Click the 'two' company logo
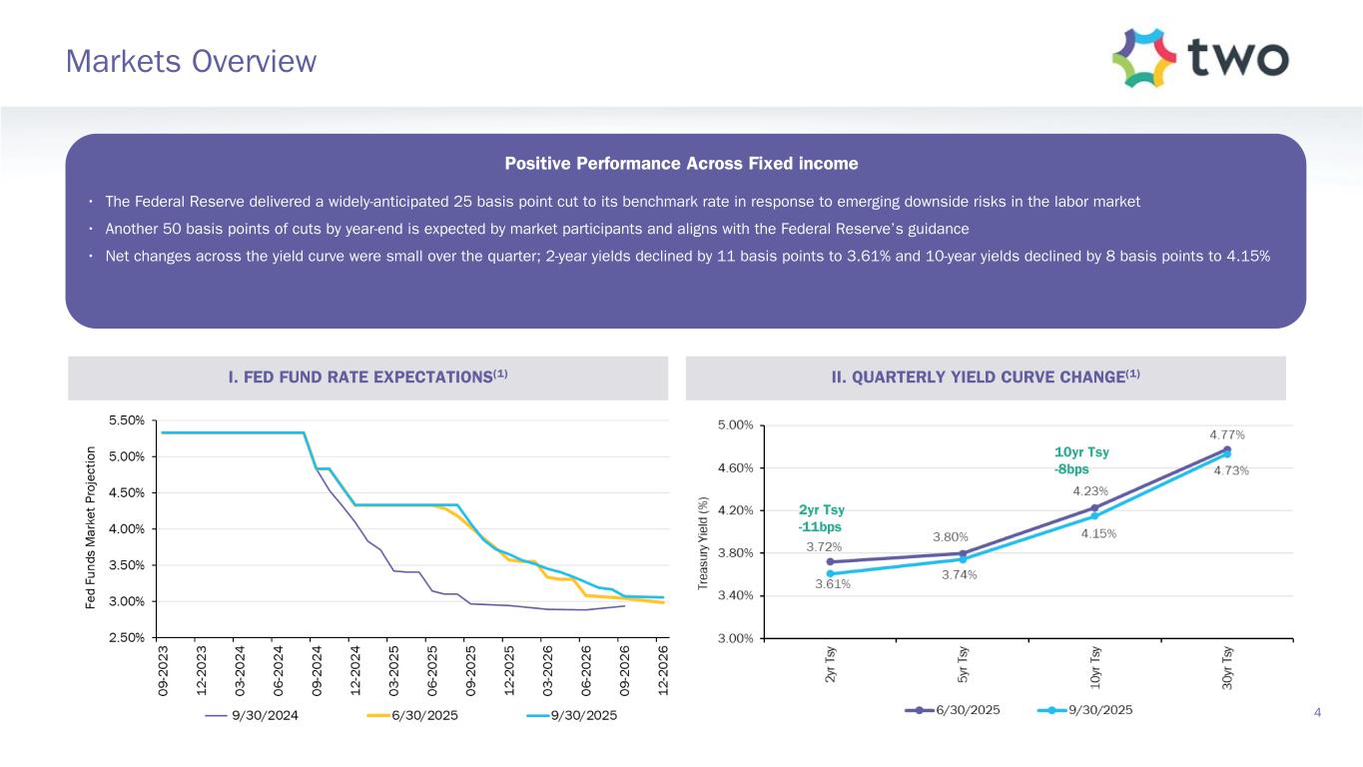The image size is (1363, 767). click(x=1201, y=58)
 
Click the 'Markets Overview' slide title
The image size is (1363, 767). click(x=191, y=62)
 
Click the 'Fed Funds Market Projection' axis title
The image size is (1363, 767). click(x=92, y=528)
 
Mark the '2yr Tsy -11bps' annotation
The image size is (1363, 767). click(x=820, y=517)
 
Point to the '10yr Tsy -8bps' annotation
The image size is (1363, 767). click(x=1081, y=460)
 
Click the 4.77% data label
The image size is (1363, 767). click(x=1227, y=434)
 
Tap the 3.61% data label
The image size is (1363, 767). click(x=833, y=584)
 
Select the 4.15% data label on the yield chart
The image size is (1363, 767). click(x=1098, y=533)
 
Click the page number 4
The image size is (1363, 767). click(x=1318, y=712)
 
